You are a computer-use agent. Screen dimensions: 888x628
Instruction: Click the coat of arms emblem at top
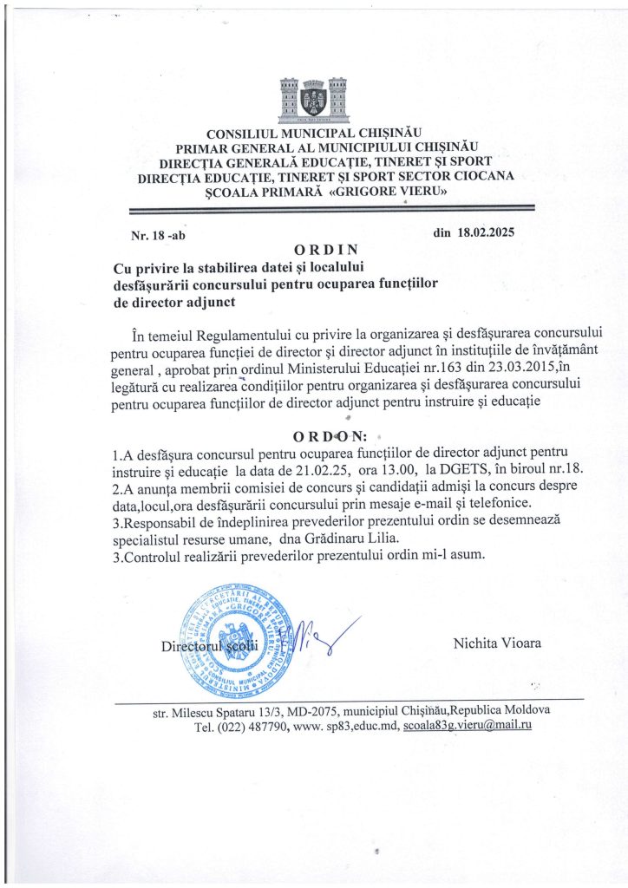click(x=313, y=101)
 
